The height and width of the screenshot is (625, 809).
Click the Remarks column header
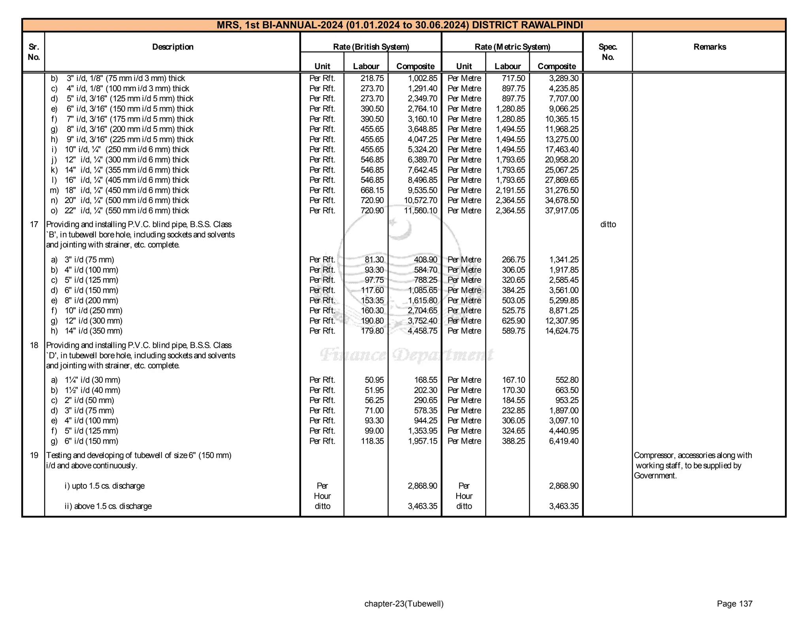tap(709, 47)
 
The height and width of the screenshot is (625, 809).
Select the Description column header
tap(173, 47)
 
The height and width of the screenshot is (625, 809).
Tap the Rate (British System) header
tap(371, 47)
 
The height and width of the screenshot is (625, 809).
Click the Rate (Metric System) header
tap(512, 47)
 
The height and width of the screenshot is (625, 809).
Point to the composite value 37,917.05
tap(562, 211)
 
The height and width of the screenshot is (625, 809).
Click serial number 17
tap(34, 224)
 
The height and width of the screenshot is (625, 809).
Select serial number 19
tap(34, 455)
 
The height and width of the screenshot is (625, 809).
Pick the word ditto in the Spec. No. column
tap(608, 224)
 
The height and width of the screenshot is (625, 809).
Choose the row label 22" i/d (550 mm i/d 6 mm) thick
tap(126, 211)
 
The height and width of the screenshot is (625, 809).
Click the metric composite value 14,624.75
tap(562, 331)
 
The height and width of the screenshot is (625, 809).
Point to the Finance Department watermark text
tap(406, 354)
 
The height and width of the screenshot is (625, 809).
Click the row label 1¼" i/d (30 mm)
tap(92, 380)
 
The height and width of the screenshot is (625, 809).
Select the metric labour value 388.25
tap(514, 441)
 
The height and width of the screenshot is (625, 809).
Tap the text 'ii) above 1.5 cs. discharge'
tap(108, 506)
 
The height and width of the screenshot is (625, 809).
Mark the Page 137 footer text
tap(734, 604)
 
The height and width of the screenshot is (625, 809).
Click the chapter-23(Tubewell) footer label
tap(404, 604)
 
